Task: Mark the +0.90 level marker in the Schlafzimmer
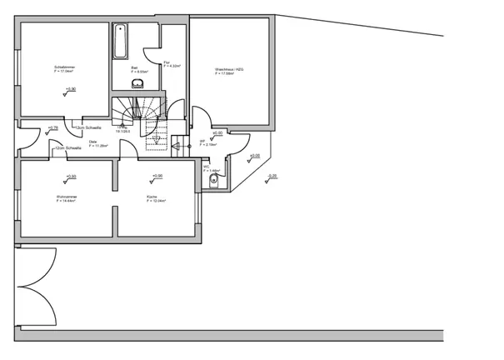(70, 89)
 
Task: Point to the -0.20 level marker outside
(272, 176)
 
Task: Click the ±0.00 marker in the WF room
(217, 133)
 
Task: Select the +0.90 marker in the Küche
(157, 177)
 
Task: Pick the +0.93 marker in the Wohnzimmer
(70, 177)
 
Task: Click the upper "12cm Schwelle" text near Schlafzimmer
(89, 127)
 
